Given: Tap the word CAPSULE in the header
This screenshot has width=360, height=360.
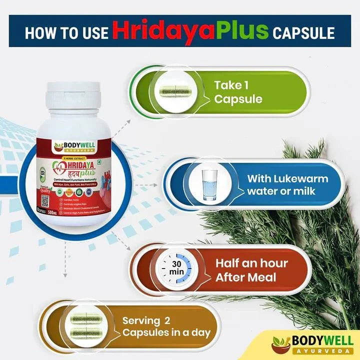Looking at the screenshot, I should pyautogui.click(x=303, y=33).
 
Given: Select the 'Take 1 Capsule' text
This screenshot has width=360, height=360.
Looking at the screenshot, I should pyautogui.click(x=238, y=91).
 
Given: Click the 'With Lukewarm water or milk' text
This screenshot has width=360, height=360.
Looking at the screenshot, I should pyautogui.click(x=287, y=185).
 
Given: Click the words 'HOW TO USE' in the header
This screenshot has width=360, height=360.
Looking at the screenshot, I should pyautogui.click(x=66, y=33).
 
